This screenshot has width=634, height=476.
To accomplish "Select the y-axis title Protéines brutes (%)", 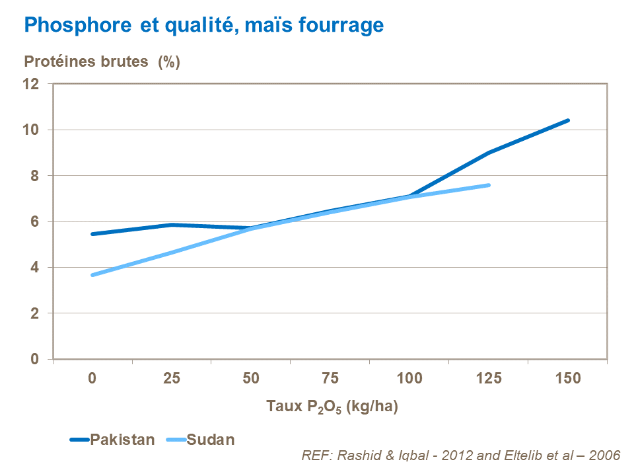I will click(x=102, y=62).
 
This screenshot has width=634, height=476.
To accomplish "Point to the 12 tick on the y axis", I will click(x=37, y=84).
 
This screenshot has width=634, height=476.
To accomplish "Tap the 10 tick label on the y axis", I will click(x=37, y=130).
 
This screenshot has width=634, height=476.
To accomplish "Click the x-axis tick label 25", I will click(x=172, y=379).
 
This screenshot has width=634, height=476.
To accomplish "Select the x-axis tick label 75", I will click(x=330, y=379).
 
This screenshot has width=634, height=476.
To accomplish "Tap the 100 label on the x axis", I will click(x=409, y=379).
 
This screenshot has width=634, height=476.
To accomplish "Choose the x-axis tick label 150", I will click(x=569, y=379).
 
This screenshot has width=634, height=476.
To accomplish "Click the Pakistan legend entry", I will click(x=122, y=440).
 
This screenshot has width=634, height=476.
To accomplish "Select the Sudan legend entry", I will click(x=211, y=440).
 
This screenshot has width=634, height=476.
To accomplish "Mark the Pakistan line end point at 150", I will click(x=568, y=120).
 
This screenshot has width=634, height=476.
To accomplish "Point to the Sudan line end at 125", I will click(x=489, y=185).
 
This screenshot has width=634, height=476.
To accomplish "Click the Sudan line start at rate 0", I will click(x=93, y=275).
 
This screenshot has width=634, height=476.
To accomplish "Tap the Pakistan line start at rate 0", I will click(x=93, y=234).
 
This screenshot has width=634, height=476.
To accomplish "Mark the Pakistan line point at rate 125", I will click(x=489, y=153).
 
